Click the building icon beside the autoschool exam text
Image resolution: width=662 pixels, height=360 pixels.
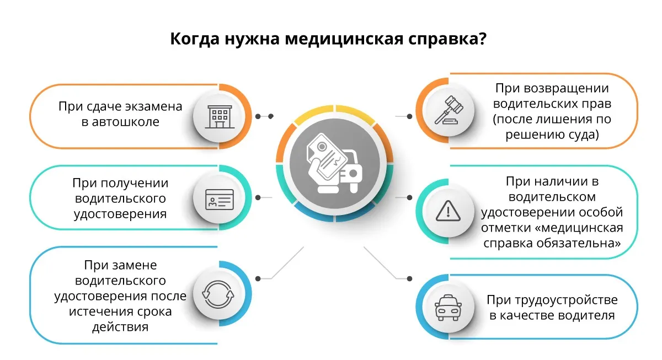click(x=220, y=117)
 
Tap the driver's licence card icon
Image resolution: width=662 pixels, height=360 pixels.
click(x=220, y=200)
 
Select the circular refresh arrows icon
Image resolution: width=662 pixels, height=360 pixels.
click(x=218, y=294)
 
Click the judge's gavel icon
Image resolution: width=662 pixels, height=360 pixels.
click(x=449, y=110)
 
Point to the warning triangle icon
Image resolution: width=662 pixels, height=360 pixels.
click(x=448, y=211)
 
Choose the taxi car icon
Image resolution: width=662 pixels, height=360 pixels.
click(x=448, y=308)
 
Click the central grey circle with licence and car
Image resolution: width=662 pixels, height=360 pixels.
click(x=334, y=163)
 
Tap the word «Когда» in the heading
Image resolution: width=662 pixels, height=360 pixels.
click(x=194, y=39)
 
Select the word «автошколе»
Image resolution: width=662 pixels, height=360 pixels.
click(x=125, y=122)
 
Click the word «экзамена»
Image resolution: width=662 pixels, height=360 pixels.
click(x=154, y=106)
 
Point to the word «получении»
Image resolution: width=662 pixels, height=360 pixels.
click(x=135, y=184)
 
